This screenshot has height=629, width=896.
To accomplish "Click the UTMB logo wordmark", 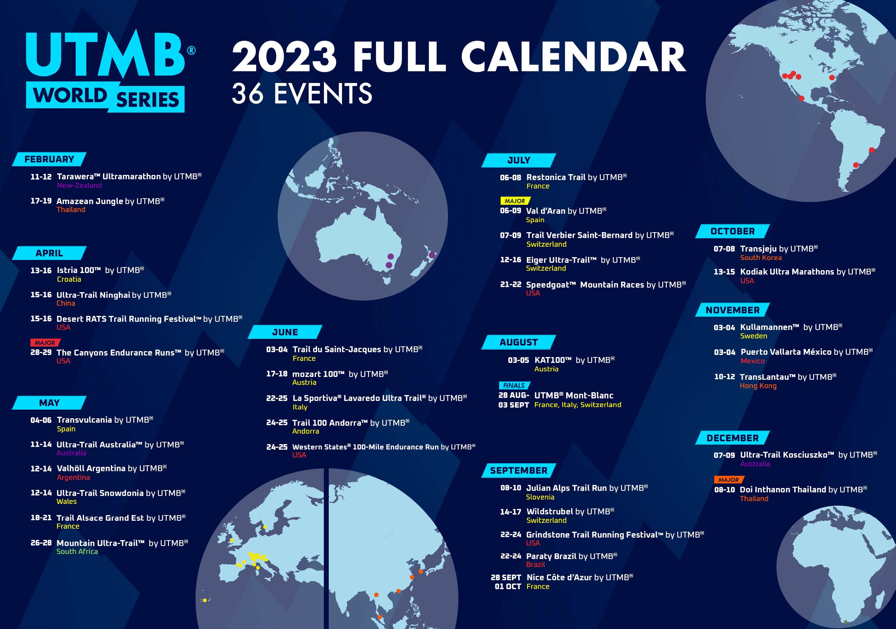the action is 105,55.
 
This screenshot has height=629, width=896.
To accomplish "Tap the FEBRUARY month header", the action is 49,159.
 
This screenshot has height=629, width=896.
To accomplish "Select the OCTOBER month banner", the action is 732,231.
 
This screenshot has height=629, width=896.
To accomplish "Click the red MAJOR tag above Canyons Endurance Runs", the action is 45,343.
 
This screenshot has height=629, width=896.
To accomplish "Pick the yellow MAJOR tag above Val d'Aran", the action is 515,201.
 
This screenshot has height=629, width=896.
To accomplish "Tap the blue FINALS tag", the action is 514,385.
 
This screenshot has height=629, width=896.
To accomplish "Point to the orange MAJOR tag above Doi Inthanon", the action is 729,480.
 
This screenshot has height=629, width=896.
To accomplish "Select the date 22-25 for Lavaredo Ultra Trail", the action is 277,398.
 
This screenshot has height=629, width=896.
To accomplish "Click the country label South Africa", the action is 77,551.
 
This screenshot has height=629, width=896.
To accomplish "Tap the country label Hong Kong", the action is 758,386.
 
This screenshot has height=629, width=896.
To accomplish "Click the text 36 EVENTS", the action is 302,93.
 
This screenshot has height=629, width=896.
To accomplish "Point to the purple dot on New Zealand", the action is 432,255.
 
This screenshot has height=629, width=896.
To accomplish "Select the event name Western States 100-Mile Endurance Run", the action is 365,447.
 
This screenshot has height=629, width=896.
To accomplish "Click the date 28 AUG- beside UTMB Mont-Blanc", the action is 514,395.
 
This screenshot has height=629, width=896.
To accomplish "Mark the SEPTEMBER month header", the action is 519,471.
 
